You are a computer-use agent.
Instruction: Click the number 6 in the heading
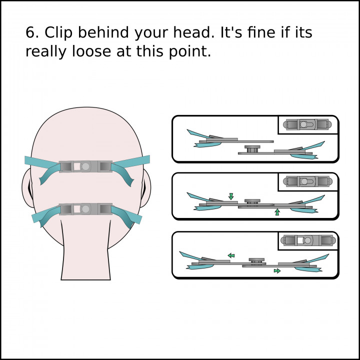click(x=29, y=32)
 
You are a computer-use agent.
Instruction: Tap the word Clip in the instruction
click(x=58, y=32)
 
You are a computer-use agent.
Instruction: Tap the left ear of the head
click(x=26, y=188)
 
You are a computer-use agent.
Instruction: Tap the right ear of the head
click(x=146, y=188)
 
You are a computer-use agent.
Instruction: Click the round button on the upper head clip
click(x=85, y=166)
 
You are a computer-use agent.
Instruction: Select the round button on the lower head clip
click(x=85, y=209)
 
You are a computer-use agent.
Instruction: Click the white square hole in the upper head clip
click(x=77, y=166)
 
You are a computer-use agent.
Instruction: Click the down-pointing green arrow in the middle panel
click(x=231, y=196)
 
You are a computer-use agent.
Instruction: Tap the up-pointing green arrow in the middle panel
click(x=277, y=212)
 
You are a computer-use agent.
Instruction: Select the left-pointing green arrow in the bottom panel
click(x=231, y=255)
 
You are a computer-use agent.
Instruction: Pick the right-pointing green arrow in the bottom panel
click(x=277, y=271)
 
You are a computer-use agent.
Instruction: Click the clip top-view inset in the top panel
click(x=307, y=124)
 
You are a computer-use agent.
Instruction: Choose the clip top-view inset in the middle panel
click(x=307, y=181)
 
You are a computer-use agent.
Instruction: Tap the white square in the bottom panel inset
click(x=300, y=240)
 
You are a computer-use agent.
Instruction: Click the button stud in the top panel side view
click(x=252, y=149)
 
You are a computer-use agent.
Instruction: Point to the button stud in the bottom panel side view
click(x=256, y=261)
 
